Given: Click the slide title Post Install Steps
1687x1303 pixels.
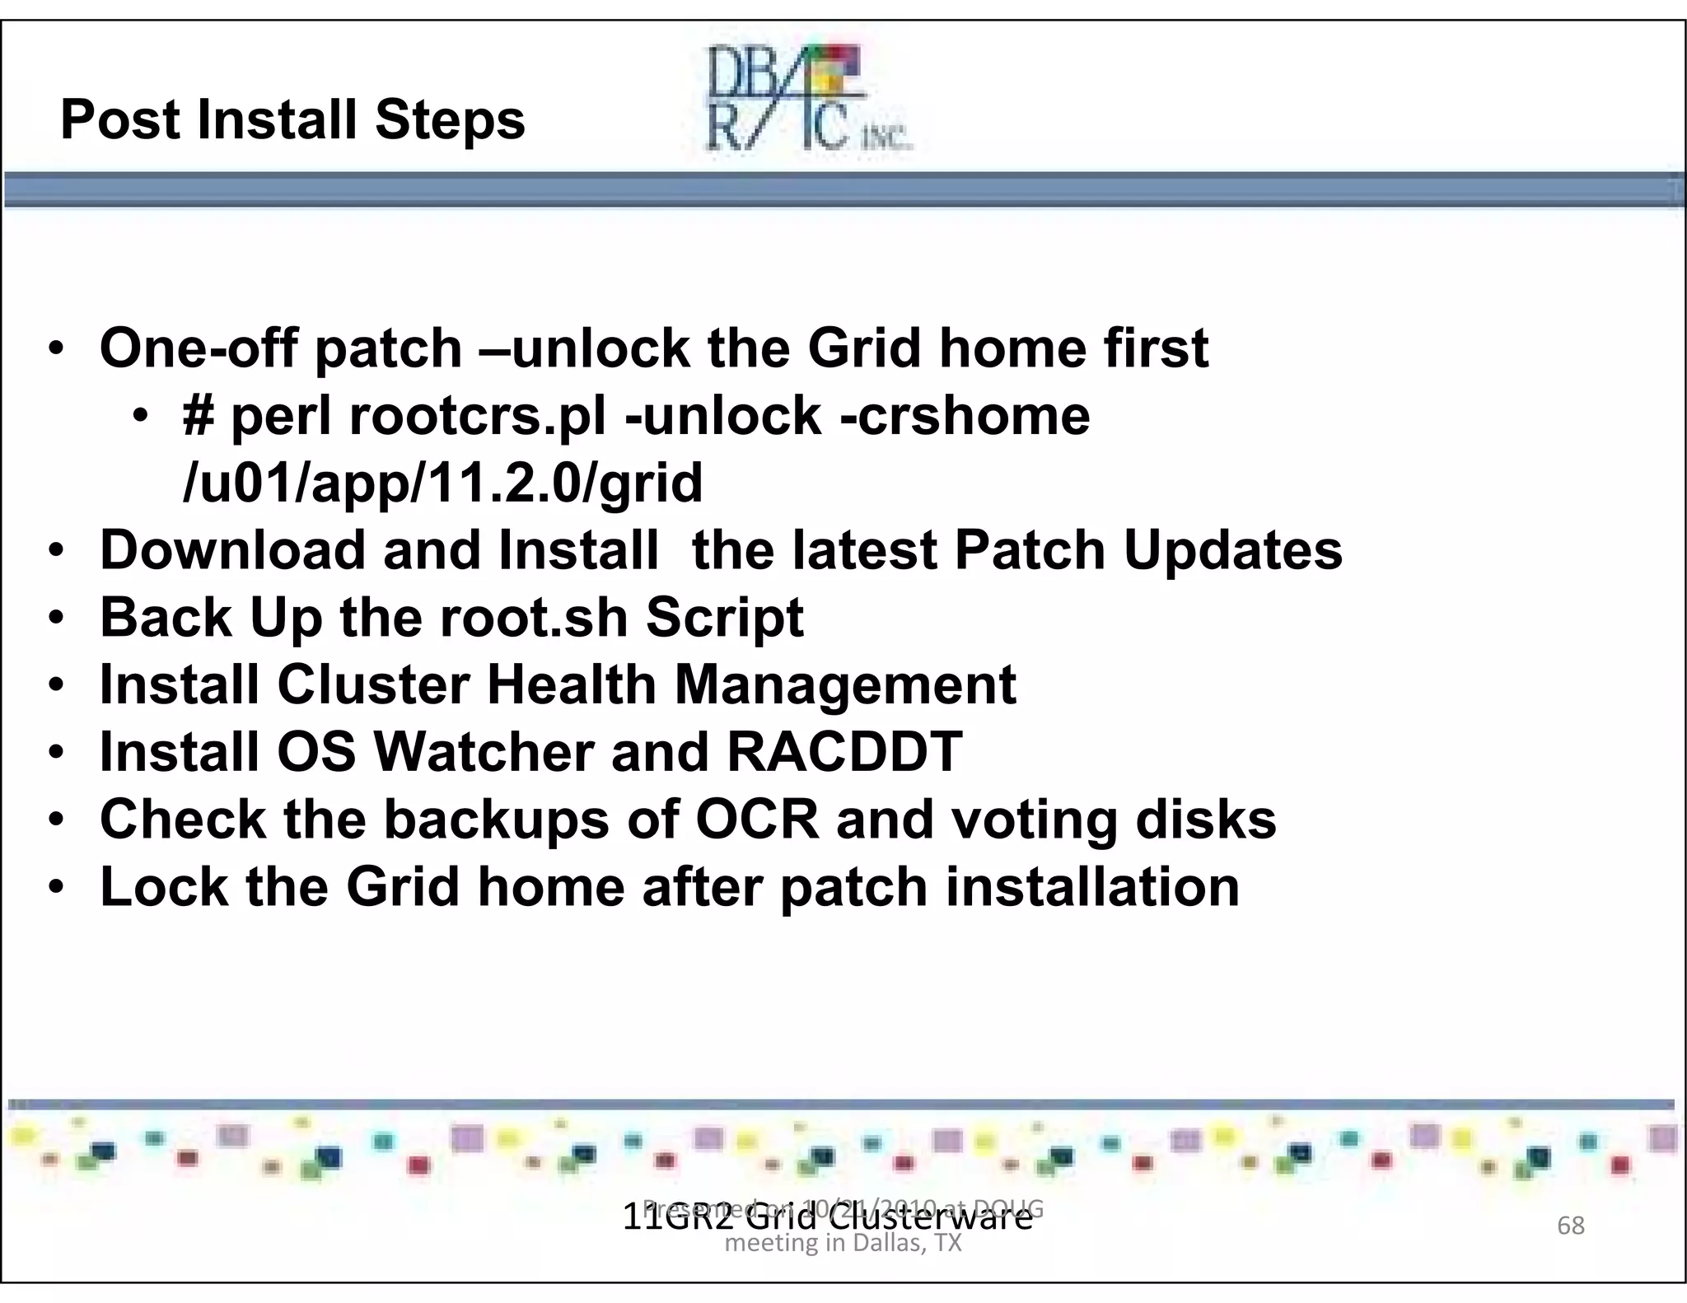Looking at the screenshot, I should tap(292, 120).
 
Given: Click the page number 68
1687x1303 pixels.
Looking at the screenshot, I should tap(1570, 1226).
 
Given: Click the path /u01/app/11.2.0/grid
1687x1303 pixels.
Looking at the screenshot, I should tap(443, 483).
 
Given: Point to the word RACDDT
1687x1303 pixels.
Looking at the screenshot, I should tap(844, 752).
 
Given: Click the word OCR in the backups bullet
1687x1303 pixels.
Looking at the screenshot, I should tap(758, 820).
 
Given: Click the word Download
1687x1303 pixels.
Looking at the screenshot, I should tap(232, 550).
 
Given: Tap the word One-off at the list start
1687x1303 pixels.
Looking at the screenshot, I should tap(198, 348).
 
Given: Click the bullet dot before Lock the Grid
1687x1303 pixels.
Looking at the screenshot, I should tap(55, 888).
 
